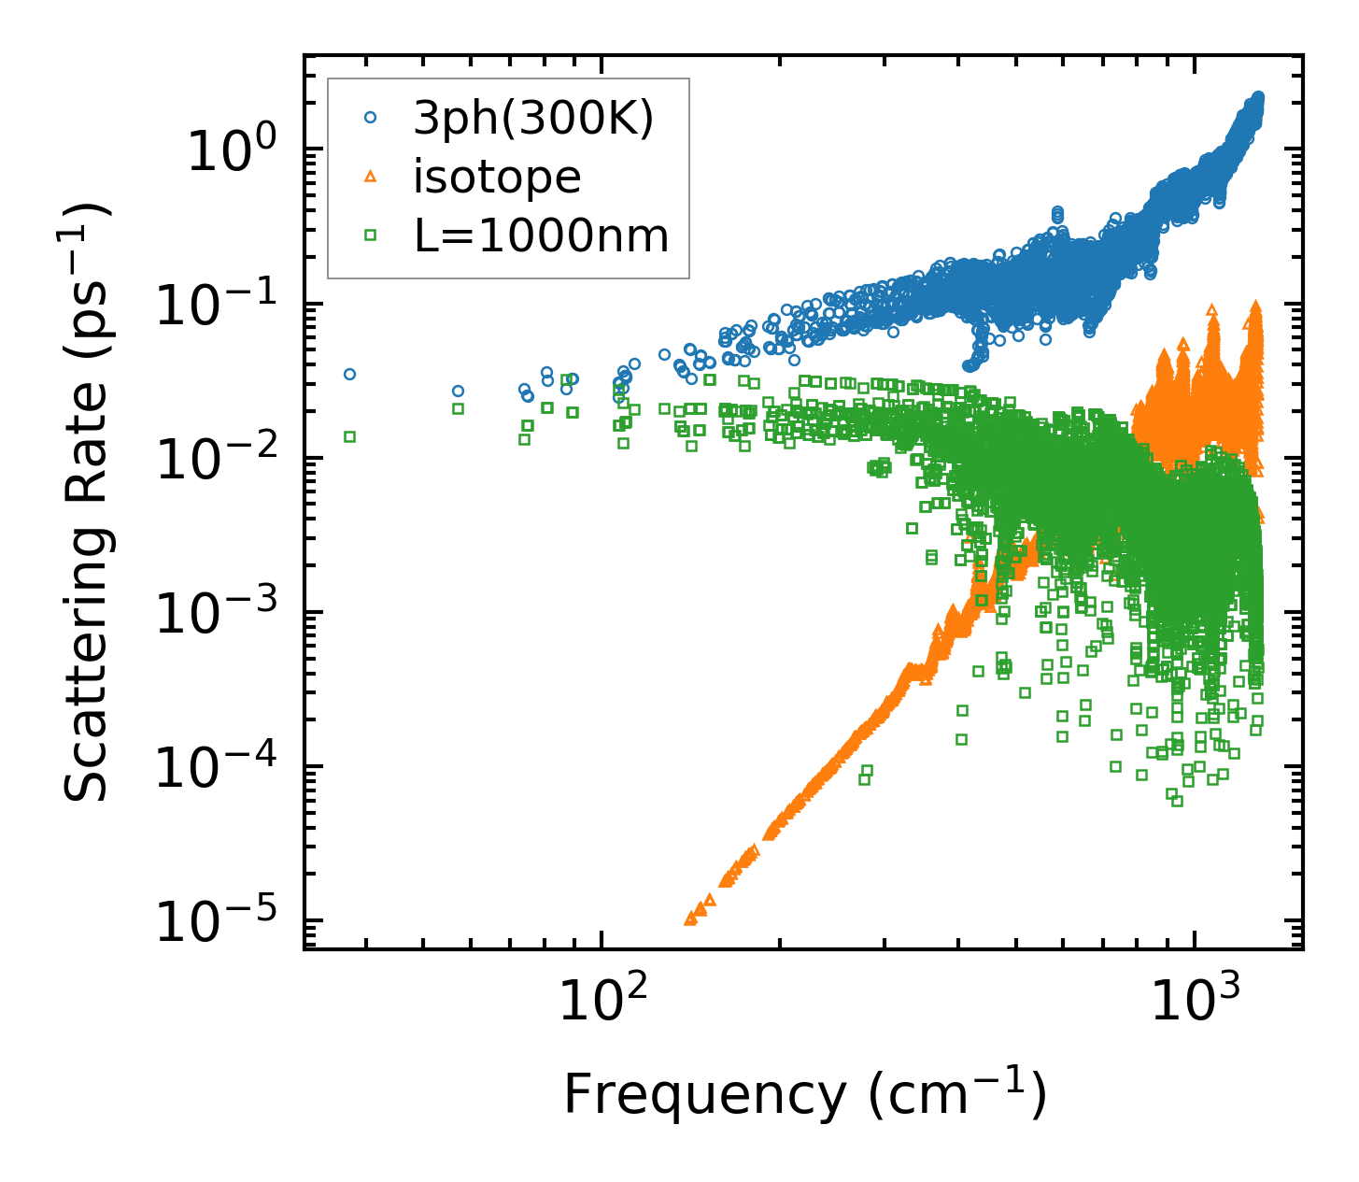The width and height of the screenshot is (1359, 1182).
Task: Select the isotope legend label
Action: point(497,178)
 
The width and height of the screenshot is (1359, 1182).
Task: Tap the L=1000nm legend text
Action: point(542,236)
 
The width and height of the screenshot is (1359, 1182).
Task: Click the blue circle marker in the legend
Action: point(371,118)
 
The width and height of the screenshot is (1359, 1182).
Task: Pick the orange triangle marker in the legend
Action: point(371,177)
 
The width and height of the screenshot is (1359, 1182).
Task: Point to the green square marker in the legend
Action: point(371,235)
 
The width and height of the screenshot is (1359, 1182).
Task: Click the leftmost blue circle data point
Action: point(349,374)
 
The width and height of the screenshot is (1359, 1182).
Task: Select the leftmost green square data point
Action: point(349,436)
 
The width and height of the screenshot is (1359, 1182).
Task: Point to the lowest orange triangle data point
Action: point(690,919)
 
